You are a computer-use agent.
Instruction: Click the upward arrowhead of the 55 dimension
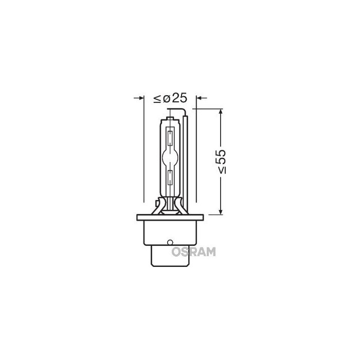pos(221,112)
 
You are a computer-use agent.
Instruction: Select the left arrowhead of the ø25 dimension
pos(139,98)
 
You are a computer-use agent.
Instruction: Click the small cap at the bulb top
pos(170,119)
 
